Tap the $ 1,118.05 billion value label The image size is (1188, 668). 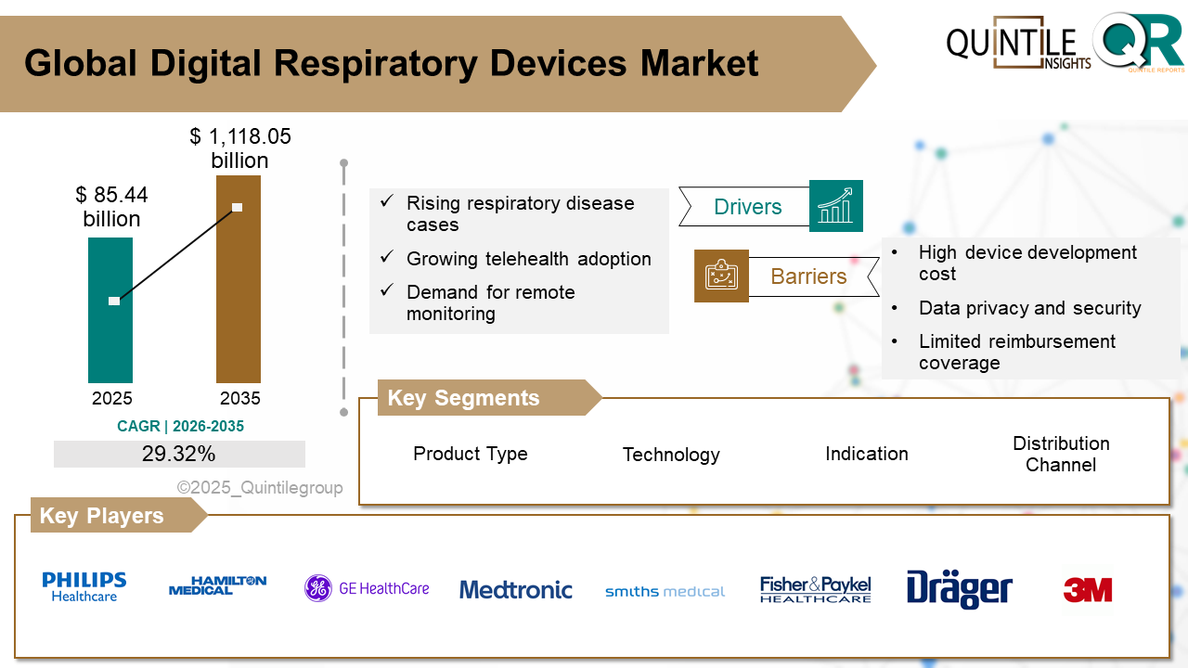coord(240,148)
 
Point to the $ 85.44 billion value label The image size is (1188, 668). coord(112,207)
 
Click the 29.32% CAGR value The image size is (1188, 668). coord(179,454)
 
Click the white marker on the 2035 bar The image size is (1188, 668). coord(238,207)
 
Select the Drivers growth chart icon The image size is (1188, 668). coord(835,206)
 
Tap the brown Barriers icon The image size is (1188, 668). coord(721,276)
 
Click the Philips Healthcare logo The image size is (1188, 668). coord(84,587)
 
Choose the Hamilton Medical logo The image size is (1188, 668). coord(217,585)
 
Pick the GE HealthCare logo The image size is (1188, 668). coord(367,588)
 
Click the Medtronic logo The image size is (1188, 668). coord(516,590)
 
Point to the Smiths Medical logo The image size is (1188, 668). coord(665,591)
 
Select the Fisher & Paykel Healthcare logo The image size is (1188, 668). coord(815,589)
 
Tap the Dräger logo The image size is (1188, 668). coord(959,589)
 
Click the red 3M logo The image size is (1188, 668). coord(1087,590)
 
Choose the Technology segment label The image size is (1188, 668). coord(671,455)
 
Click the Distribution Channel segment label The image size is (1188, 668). coord(1061,454)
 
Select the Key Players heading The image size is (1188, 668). coord(101,516)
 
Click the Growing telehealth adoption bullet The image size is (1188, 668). coord(528,259)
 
